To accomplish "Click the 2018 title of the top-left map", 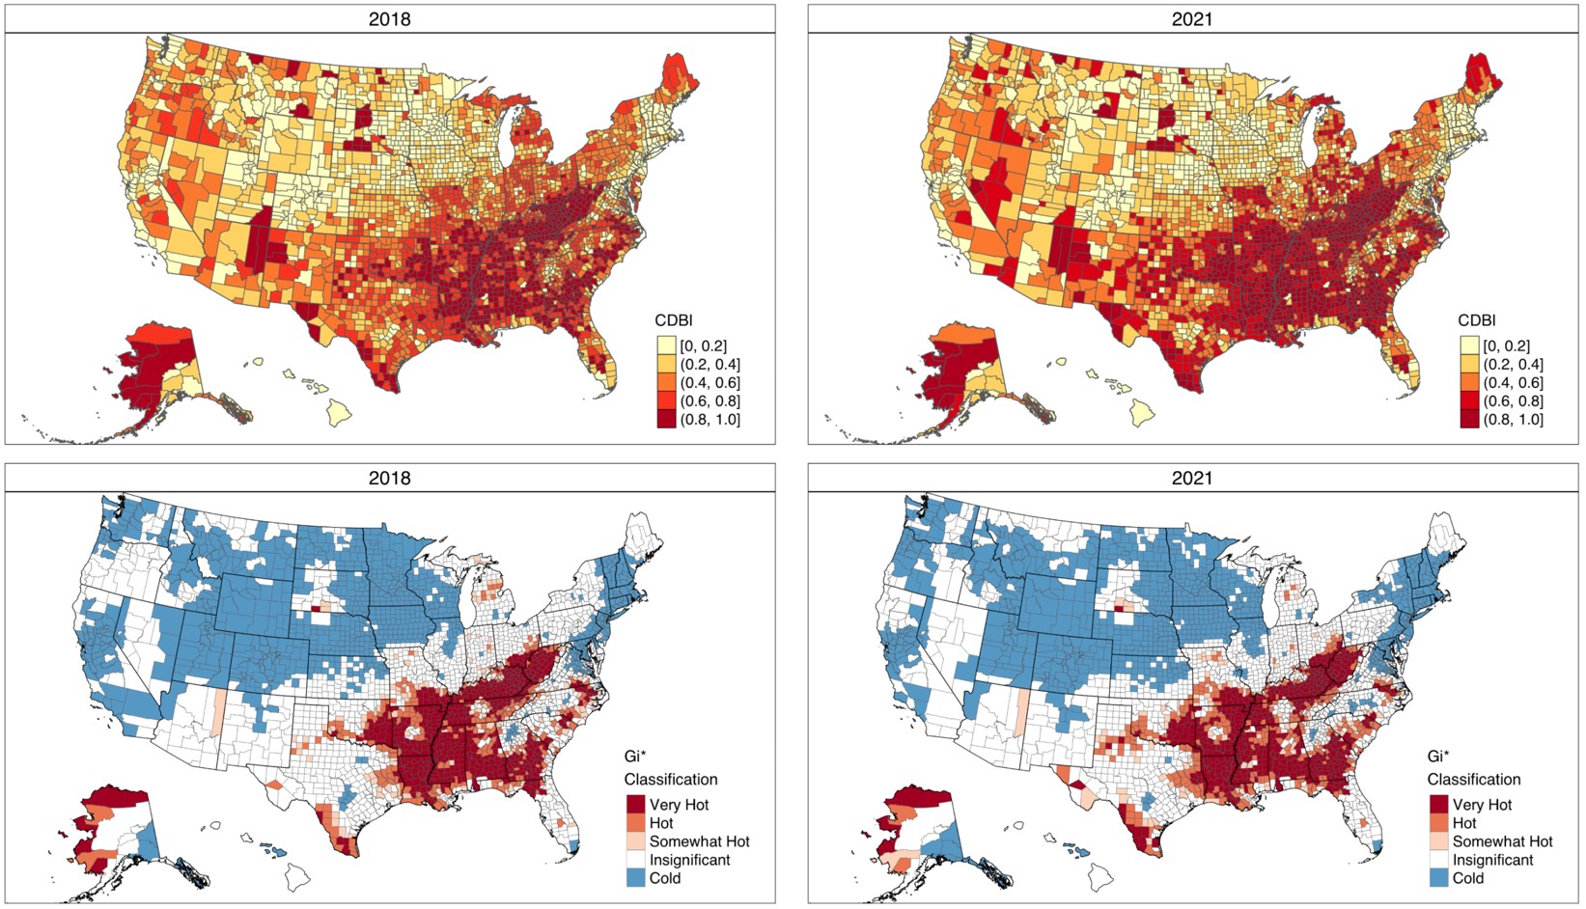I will (389, 19).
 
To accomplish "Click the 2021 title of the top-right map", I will (1192, 19).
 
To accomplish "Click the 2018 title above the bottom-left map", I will (389, 478).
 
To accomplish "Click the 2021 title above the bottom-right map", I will (1192, 478).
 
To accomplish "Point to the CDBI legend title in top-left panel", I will (674, 320).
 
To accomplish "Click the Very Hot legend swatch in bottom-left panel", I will (635, 805).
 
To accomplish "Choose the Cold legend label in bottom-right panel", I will (1467, 878).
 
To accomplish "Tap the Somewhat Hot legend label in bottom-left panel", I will (699, 841).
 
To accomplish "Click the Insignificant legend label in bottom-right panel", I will (1492, 860).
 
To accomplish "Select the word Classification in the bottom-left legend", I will (671, 779).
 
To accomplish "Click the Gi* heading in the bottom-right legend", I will (1440, 757).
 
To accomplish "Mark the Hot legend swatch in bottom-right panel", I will (1439, 823).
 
